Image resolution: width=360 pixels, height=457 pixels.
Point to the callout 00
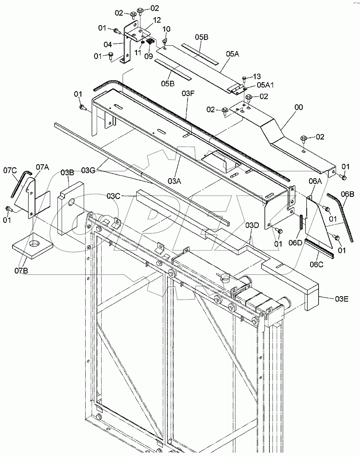299,108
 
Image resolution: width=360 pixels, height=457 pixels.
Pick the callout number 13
257,76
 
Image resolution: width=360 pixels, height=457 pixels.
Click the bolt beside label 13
244,79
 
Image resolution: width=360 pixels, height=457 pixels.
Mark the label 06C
317,264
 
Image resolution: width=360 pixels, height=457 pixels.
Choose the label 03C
113,196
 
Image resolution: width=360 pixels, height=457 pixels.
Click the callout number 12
146,20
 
